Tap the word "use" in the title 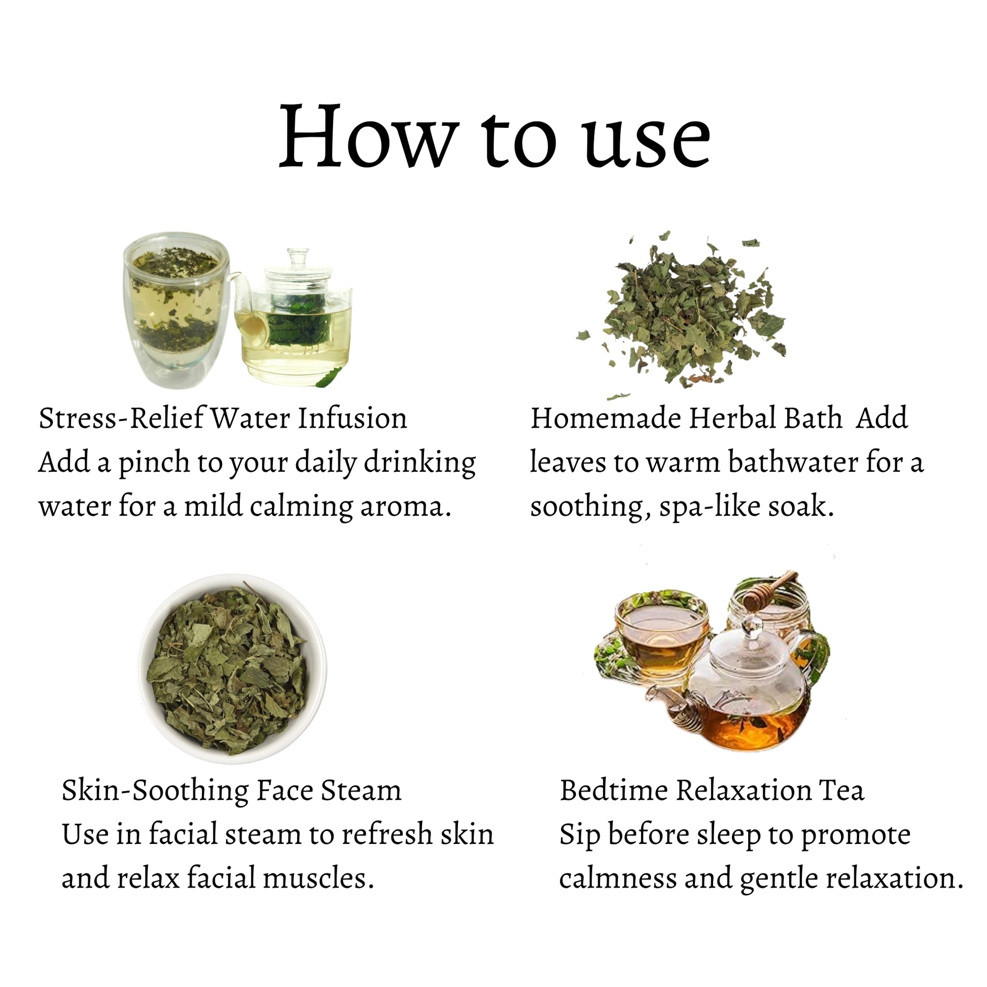648,142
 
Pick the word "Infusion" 352,418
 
